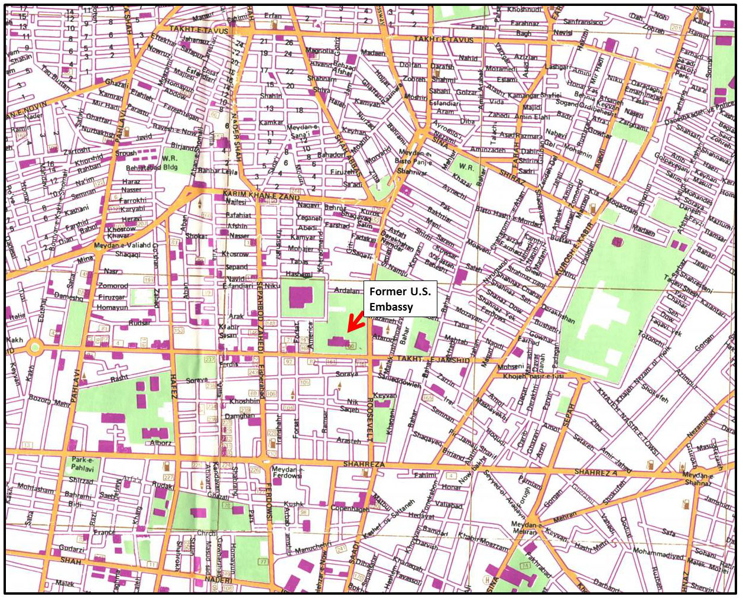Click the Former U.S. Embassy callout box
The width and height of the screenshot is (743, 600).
tap(400, 299)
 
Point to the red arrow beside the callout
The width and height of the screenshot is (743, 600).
tap(355, 322)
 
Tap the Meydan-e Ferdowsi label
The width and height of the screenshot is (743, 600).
tap(287, 472)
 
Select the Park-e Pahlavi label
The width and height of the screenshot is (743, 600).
tap(83, 464)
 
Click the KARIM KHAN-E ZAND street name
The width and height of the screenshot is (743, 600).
tap(261, 195)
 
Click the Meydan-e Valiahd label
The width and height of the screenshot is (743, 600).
tap(122, 245)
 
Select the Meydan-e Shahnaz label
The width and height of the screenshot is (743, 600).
tap(698, 479)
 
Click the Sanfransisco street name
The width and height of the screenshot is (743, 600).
tap(583, 22)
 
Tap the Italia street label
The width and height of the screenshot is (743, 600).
tap(17, 316)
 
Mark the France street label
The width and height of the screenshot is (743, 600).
tap(104, 532)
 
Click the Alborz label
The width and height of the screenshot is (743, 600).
tap(161, 442)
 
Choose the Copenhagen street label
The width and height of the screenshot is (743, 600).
tap(350, 508)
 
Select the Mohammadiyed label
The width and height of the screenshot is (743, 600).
tap(658, 553)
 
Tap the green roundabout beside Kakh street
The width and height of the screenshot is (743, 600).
tap(35, 347)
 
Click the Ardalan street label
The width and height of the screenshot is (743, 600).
tap(347, 291)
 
